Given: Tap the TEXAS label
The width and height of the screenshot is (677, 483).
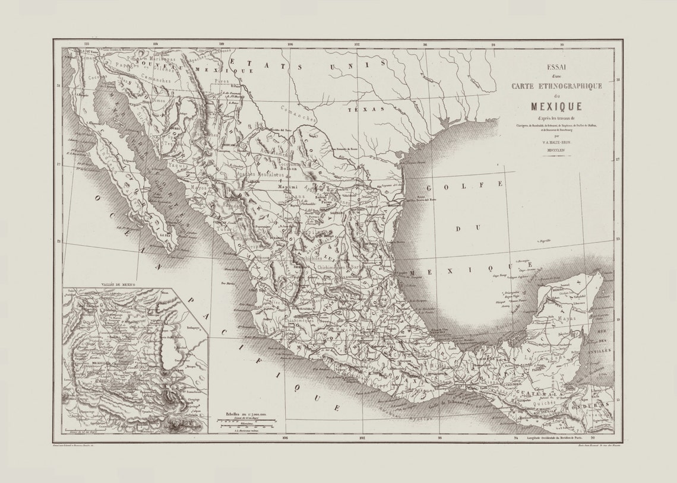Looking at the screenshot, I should pos(362,110).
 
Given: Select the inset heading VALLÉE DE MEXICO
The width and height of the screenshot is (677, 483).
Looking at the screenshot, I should pos(119,285).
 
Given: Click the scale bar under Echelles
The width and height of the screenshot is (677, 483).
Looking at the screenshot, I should pos(246,422).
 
